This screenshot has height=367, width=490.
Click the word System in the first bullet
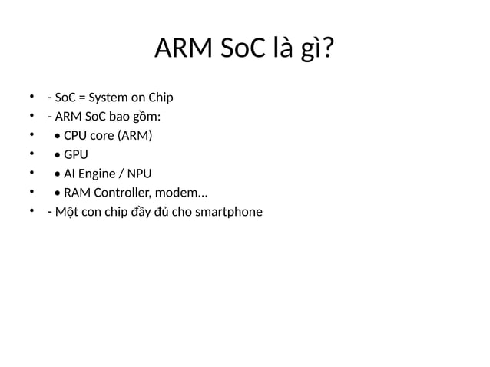click(109, 98)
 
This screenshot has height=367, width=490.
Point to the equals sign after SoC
click(81, 98)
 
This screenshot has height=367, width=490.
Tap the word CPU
click(75, 136)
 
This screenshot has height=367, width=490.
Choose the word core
click(102, 136)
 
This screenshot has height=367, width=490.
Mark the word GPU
click(76, 154)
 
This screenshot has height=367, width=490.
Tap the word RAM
click(78, 192)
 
